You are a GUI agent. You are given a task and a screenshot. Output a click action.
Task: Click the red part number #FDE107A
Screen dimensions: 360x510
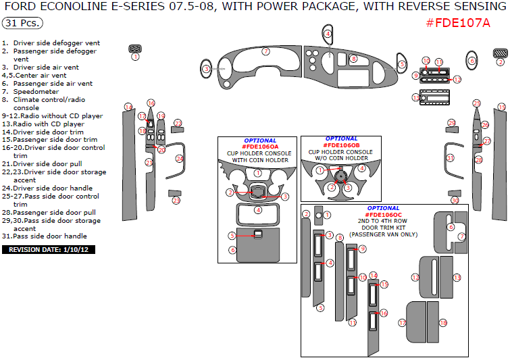tap(458, 23)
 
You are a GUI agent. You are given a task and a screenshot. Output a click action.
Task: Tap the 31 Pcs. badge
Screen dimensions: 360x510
tap(22, 23)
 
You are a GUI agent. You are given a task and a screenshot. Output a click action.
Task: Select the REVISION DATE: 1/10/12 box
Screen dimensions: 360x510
tap(49, 249)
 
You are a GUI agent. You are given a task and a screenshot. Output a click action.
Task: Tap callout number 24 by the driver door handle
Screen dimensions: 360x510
tap(180, 159)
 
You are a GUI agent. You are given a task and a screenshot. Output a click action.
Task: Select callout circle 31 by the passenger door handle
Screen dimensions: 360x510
tap(450, 157)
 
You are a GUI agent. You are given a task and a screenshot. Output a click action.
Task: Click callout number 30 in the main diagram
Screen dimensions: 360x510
tap(455, 201)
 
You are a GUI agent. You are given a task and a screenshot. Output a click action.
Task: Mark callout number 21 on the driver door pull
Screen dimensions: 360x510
tap(149, 162)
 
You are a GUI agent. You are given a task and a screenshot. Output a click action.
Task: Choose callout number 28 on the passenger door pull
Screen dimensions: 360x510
tap(479, 160)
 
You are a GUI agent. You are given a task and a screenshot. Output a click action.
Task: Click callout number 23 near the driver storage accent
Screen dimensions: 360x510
tap(176, 201)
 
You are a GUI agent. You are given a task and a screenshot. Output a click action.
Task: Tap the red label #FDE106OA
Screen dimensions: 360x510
tap(260, 147)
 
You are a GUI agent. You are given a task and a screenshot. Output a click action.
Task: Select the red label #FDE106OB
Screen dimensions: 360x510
tap(341, 145)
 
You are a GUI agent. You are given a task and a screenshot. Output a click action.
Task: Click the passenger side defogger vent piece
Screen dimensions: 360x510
tap(500, 53)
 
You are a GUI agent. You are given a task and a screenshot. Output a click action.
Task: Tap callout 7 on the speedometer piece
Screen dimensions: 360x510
tap(266, 51)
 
